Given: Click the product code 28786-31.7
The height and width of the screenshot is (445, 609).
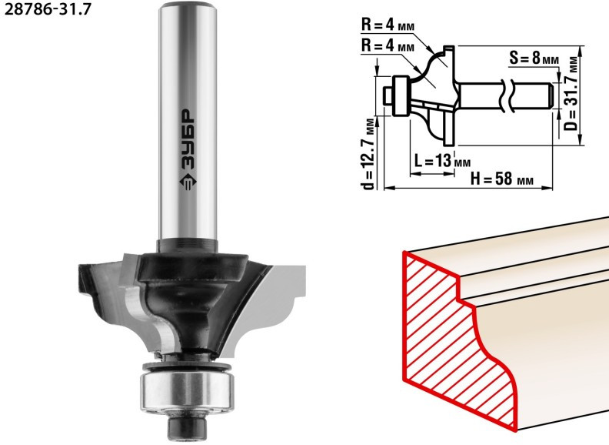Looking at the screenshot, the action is tap(48, 8).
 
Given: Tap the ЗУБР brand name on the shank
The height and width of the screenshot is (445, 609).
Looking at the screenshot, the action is tap(188, 139).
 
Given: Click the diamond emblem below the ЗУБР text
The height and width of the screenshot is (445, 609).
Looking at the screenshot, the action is tap(188, 182).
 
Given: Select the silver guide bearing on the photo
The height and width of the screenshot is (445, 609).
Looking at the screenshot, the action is tap(187, 391).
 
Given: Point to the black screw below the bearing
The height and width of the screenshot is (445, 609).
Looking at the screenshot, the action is tap(186, 427).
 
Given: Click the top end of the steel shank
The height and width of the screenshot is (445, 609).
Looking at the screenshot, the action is tap(188, 5).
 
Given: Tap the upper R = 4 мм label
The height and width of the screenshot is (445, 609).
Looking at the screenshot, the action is tap(388, 25).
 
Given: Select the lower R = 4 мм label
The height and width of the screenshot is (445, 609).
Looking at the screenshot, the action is tap(388, 46).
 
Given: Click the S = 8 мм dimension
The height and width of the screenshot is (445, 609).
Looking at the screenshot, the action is tap(534, 59).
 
